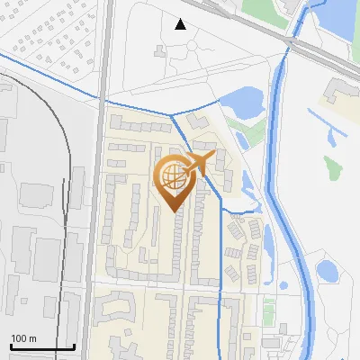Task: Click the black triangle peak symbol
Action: point(181,24)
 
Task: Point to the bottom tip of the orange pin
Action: point(174,211)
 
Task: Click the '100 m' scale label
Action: point(23,338)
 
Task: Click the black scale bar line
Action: point(41,346)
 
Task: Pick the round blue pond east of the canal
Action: point(327,270)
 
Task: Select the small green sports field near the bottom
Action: point(269,310)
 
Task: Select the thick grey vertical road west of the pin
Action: point(100,180)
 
